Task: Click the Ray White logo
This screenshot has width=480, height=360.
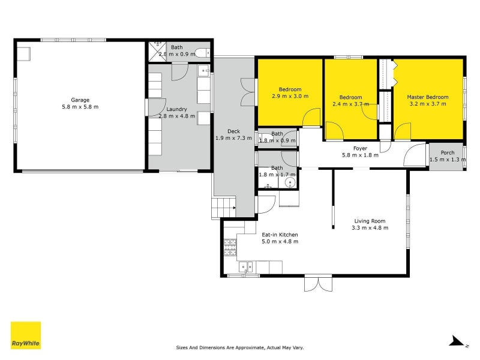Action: [26, 335]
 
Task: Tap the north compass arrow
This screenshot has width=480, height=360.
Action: [458, 342]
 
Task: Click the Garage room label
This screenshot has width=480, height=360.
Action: [80, 100]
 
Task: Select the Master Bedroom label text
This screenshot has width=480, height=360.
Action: [427, 97]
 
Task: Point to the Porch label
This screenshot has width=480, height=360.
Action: [447, 153]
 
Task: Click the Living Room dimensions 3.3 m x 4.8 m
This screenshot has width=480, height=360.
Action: [370, 227]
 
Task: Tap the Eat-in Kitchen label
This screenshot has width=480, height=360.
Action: [280, 235]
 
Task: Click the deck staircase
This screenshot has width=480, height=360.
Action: [224, 208]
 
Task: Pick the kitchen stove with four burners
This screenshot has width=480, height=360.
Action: [230, 247]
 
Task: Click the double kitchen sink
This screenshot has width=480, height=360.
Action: [246, 267]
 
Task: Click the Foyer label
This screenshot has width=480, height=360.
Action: [360, 148]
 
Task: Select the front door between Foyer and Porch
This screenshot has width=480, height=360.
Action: [413, 156]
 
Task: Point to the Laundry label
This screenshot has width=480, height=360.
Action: [176, 109]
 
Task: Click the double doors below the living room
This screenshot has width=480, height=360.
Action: [317, 283]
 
